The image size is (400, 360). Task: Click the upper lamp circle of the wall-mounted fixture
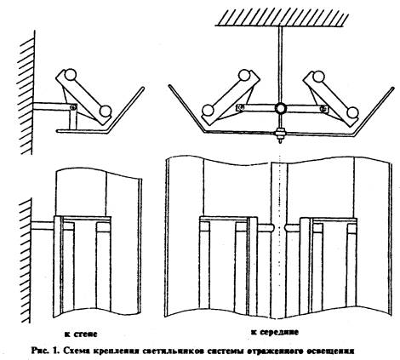click(70, 75)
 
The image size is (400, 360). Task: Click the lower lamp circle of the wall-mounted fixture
click(106, 111)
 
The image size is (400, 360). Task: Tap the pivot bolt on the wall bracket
click(73, 107)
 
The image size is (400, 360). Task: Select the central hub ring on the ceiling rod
click(281, 108)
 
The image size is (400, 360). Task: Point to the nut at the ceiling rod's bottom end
click(280, 134)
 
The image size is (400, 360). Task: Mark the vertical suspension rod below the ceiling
click(280, 65)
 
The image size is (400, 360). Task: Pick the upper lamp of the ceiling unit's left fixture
click(244, 75)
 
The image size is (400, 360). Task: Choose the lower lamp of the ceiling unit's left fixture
click(208, 111)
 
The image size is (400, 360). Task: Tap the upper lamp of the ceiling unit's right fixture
click(318, 77)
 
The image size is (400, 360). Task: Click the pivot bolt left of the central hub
click(241, 107)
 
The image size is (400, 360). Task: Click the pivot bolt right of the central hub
click(323, 108)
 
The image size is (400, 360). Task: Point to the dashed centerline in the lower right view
click(280, 237)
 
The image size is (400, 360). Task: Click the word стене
click(85, 334)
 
